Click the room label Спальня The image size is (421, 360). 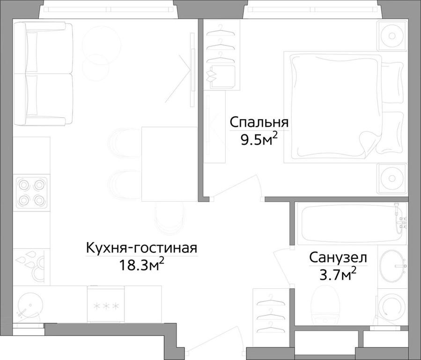259,122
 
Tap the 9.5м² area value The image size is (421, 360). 259,140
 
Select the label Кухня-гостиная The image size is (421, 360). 142,248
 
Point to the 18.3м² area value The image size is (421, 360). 142,265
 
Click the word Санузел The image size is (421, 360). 338,258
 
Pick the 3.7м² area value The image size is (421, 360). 338,275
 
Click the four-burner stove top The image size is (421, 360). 32,192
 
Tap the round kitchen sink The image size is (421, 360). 30,305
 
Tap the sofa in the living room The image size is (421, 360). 43,74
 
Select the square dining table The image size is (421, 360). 170,164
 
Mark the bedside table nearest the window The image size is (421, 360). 392,35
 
